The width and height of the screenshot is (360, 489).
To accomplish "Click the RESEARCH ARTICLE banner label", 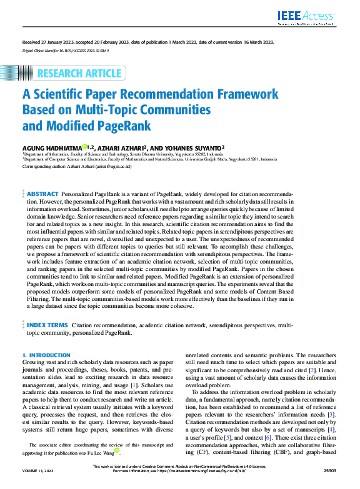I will [79, 74].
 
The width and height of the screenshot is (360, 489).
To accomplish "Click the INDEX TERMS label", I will [47, 325].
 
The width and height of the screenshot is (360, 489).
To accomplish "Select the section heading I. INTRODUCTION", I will [46, 355].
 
